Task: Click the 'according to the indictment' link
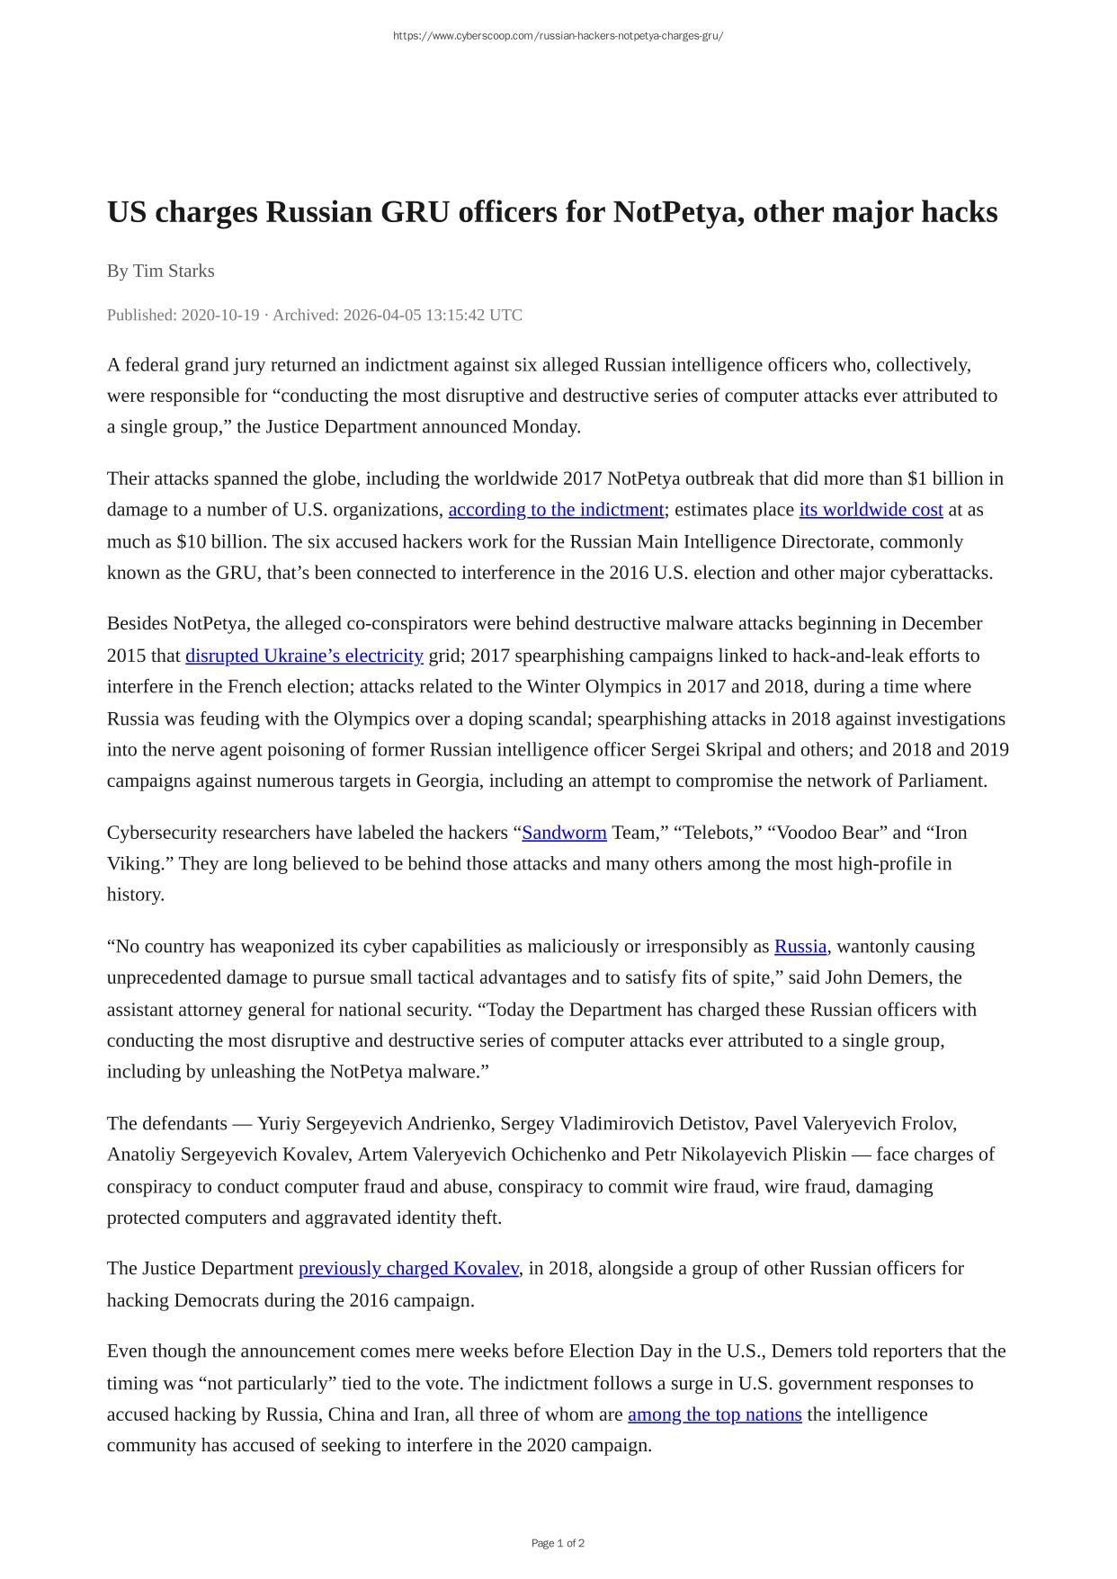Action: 556,510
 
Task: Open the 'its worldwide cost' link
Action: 871,510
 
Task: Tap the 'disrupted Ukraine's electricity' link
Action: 304,656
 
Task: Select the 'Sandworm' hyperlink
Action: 564,833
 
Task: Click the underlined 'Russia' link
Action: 800,946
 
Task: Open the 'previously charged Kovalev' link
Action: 408,1268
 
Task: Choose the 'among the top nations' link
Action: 714,1414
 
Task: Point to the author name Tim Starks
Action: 174,271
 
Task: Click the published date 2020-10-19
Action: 220,315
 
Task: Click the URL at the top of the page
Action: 558,36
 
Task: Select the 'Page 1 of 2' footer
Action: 558,1543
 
